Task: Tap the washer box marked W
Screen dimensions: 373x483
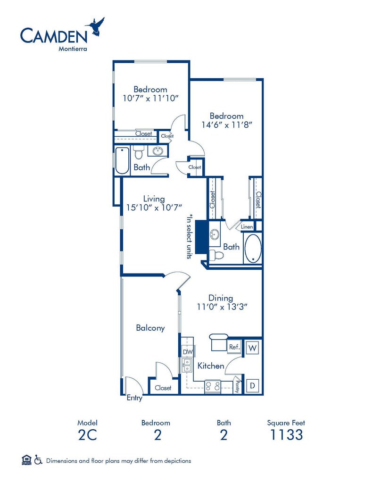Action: (253, 348)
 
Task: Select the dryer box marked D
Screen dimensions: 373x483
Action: (253, 385)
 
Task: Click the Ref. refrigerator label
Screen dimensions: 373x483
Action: (234, 347)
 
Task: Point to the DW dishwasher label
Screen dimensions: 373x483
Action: (188, 352)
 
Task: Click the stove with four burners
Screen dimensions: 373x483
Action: (213, 386)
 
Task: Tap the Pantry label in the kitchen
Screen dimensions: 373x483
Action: (237, 387)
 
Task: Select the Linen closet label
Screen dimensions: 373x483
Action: (247, 227)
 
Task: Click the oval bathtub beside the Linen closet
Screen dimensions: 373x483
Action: (253, 249)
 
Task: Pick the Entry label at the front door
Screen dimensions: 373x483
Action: (134, 398)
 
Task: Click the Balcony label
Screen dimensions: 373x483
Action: (150, 328)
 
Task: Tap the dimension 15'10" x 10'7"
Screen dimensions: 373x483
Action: (154, 208)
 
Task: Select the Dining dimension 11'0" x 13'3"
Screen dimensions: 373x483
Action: (223, 307)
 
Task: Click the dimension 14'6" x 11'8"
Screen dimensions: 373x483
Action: (227, 125)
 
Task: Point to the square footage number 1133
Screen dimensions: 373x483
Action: (286, 434)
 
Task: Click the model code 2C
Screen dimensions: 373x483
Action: (88, 434)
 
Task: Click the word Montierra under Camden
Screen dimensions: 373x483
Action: (73, 49)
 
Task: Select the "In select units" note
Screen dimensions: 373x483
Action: (189, 236)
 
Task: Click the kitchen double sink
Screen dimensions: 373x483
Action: (187, 366)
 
